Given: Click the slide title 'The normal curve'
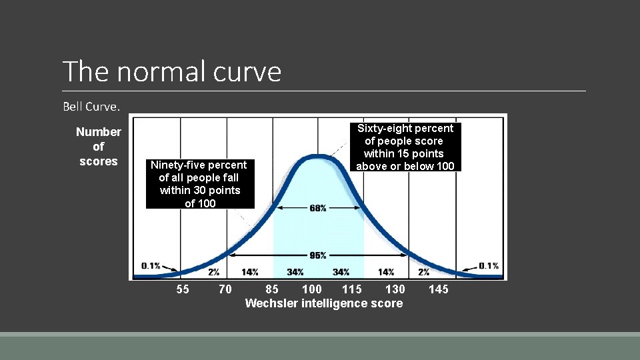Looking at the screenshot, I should point(172,71).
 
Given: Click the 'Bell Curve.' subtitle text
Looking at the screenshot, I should point(91,107).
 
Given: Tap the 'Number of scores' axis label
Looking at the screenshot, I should point(98,147).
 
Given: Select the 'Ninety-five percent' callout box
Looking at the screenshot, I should point(199,184).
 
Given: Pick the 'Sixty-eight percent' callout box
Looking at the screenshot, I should point(405,147).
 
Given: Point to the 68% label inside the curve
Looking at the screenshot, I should point(318,209).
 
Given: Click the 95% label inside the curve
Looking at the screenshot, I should point(318,255).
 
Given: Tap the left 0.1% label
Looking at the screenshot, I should point(151,266).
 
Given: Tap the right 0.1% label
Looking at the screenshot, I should point(489,266).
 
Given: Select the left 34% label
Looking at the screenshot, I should point(295,272).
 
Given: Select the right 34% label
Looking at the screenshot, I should point(341,272).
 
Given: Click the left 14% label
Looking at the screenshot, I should point(250,272).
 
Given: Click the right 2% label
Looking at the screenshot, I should point(424,272).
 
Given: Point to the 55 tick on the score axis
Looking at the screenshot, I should point(182,289).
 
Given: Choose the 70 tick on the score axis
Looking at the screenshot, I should point(225,289).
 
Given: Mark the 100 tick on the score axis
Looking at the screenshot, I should point(311,289).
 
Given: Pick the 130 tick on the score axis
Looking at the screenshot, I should point(395,289).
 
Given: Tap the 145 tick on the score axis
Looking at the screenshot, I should point(439,289).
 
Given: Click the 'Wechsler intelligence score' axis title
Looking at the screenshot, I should point(324,303).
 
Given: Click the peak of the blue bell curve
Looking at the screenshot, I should point(318,157).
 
